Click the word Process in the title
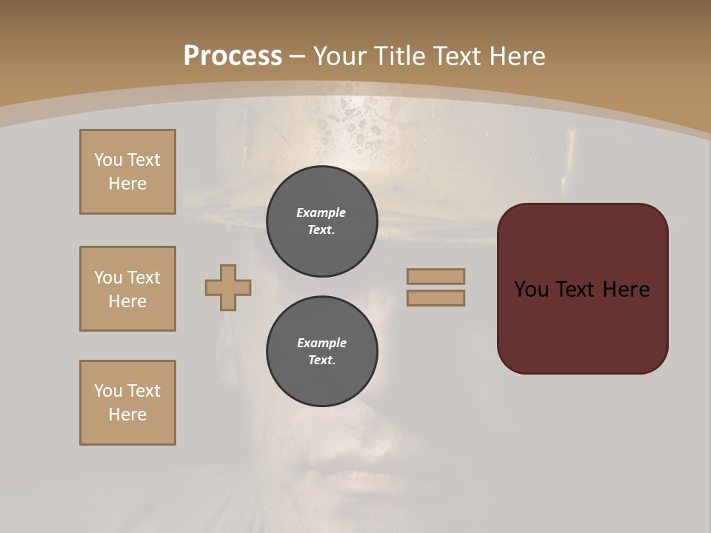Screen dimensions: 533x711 pyautogui.click(x=233, y=56)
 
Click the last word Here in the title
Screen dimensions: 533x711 pyautogui.click(x=516, y=56)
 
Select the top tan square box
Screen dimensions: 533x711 pyautogui.click(x=127, y=172)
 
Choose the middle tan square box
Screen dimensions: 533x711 pyautogui.click(x=127, y=289)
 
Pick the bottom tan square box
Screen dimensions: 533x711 pyautogui.click(x=127, y=403)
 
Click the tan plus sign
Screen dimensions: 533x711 pyautogui.click(x=228, y=287)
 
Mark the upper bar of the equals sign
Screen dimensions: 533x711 pyautogui.click(x=435, y=277)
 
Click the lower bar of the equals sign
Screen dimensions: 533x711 pyautogui.click(x=435, y=298)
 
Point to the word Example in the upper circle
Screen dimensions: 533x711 pyautogui.click(x=321, y=213)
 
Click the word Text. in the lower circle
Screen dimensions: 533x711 pyautogui.click(x=321, y=361)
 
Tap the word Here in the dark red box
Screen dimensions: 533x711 pyautogui.click(x=626, y=289)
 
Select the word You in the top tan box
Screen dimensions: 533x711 pyautogui.click(x=107, y=160)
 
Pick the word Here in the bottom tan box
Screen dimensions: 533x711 pyautogui.click(x=127, y=415)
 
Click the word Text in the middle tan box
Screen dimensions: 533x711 pyautogui.click(x=143, y=278)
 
